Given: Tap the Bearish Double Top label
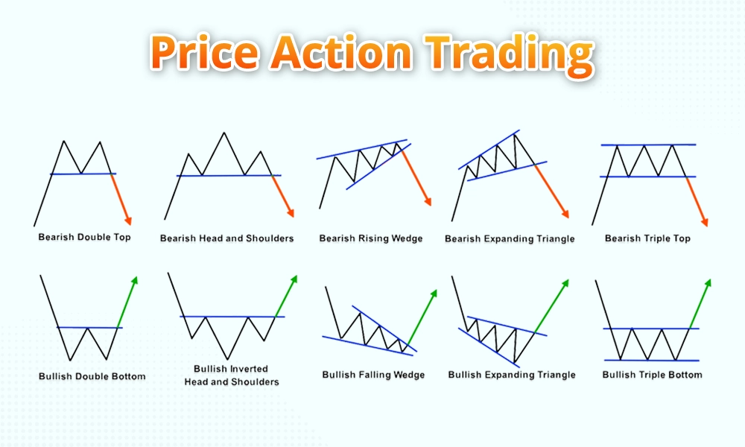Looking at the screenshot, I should coord(84,237).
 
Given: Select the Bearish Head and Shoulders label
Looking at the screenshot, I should coord(226,238).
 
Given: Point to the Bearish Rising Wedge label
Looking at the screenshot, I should coord(370,238).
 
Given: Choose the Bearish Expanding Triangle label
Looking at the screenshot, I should coord(510,239).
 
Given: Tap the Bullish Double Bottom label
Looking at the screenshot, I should coord(92,376).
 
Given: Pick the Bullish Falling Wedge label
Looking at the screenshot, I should coord(373,375).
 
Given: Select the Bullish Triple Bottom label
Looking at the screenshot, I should coord(652,375).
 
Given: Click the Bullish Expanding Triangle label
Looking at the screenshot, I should coord(511,375).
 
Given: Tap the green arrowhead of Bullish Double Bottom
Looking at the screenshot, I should coord(136,280).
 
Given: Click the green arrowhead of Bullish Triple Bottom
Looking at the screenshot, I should coord(708,282).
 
